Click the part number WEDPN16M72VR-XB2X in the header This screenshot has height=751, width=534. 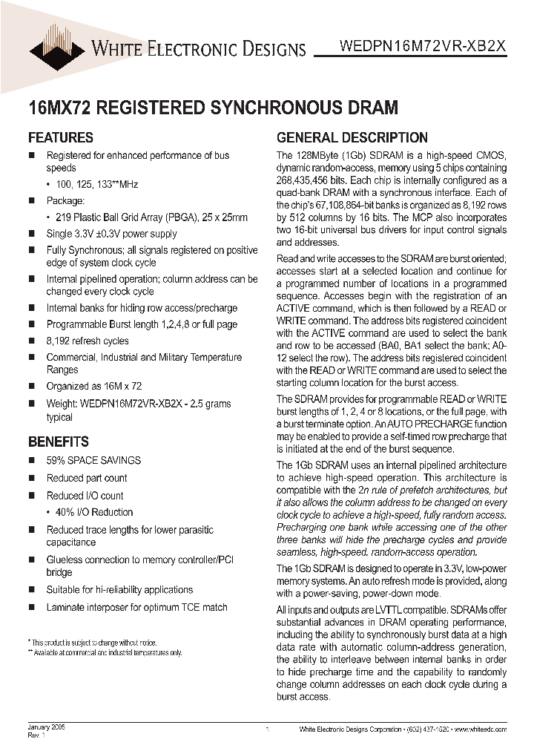click(x=423, y=45)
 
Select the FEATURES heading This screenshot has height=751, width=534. click(x=60, y=137)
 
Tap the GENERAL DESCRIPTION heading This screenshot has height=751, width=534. click(x=352, y=137)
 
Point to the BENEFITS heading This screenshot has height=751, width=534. click(x=59, y=442)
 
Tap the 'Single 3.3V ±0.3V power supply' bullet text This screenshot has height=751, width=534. click(x=111, y=234)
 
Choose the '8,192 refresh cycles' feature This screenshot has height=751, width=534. click(x=88, y=341)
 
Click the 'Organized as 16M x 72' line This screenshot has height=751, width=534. click(x=93, y=387)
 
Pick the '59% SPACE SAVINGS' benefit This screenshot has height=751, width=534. click(x=93, y=461)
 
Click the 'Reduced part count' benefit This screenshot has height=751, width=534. click(x=87, y=479)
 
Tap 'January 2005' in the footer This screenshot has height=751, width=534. click(x=47, y=727)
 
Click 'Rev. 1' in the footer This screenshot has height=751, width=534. click(x=37, y=735)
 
